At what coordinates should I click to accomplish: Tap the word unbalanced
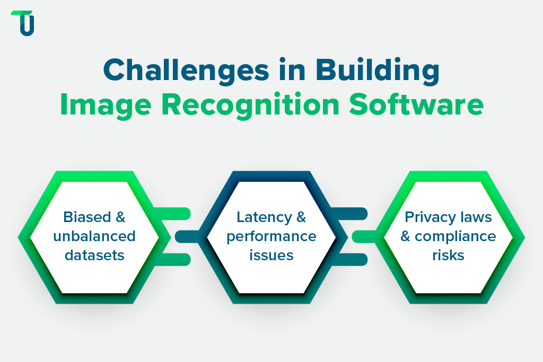click(94, 236)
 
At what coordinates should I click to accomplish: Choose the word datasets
click(94, 255)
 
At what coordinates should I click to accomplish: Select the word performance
click(271, 236)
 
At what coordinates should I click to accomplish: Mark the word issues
click(271, 255)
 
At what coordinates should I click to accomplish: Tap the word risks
click(448, 255)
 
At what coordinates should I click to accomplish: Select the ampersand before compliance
click(406, 236)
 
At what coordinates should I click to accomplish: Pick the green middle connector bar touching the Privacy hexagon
click(365, 236)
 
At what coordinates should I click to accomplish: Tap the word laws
click(476, 217)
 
